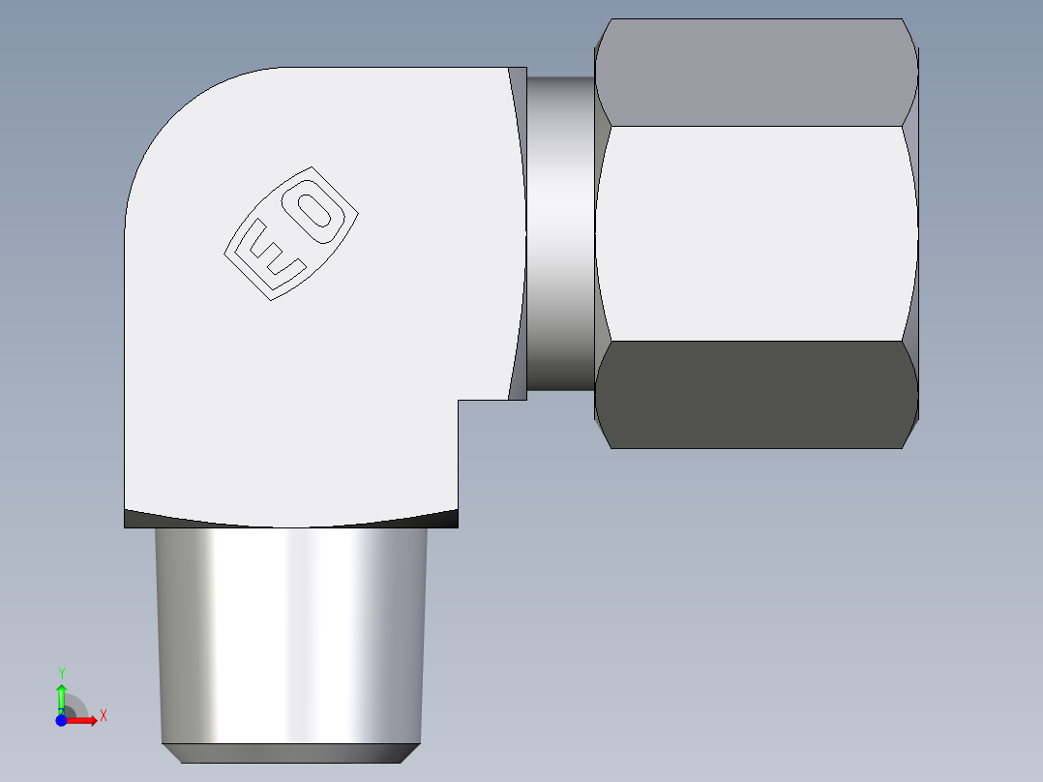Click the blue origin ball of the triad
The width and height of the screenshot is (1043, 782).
61,720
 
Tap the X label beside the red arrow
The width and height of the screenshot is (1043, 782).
103,716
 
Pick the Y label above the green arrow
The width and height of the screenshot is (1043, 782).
61,673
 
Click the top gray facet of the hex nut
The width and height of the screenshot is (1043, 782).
755,73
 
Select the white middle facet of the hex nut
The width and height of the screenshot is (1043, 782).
755,232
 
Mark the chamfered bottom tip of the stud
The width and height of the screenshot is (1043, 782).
290,753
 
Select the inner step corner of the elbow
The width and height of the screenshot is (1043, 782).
459,401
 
